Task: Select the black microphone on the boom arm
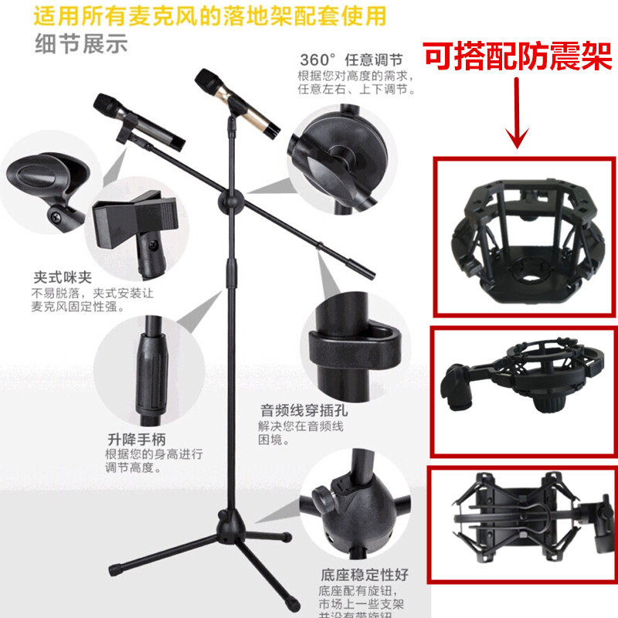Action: pos(139,121)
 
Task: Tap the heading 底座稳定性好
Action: pos(364,574)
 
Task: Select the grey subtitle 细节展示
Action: pos(80,44)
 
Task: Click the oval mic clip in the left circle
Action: pos(48,177)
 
